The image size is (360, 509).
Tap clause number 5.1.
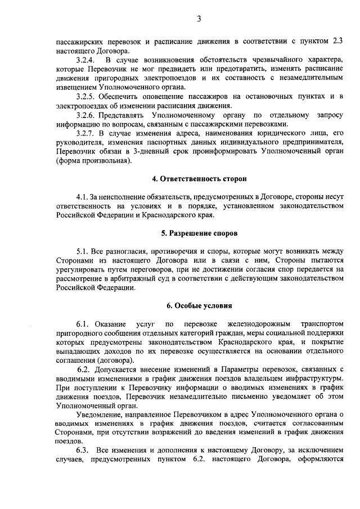(83, 250)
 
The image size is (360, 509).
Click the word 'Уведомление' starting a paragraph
(99, 415)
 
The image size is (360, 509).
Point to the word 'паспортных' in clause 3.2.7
(169, 142)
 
